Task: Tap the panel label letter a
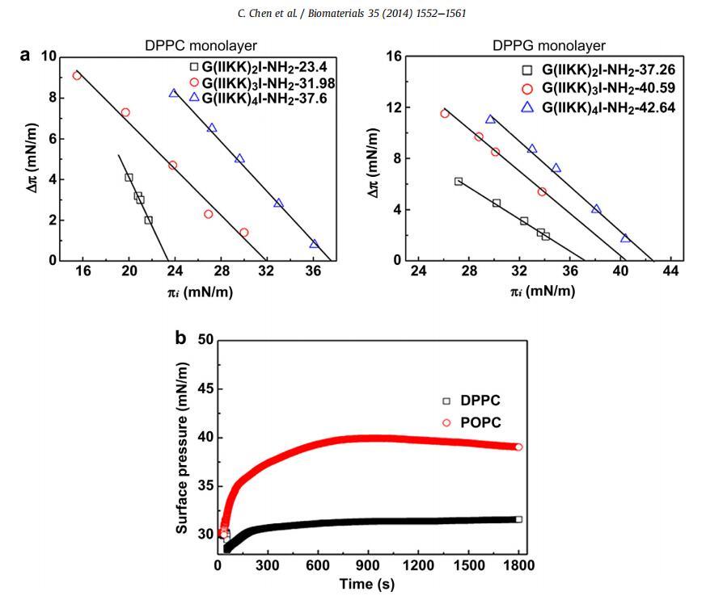[x=25, y=55]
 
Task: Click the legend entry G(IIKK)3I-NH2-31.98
[x=259, y=83]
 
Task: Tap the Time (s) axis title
[x=367, y=582]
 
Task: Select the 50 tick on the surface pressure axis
[x=204, y=340]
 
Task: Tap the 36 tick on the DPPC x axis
[x=312, y=272]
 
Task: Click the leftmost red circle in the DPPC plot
[x=77, y=75]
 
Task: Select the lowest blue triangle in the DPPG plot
[x=625, y=238]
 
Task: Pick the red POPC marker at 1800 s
[x=518, y=447]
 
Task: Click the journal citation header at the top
[x=353, y=12]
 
